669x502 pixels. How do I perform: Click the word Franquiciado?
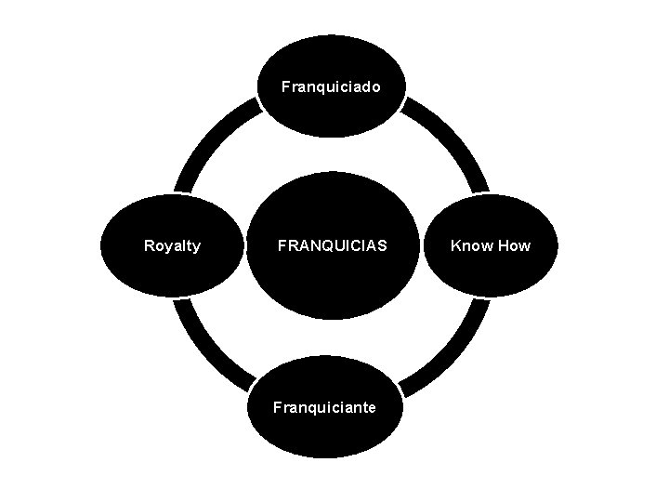click(x=331, y=86)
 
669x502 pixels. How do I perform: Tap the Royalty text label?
click(x=172, y=246)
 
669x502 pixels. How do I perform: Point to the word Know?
click(x=470, y=246)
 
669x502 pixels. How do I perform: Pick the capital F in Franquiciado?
click(x=285, y=86)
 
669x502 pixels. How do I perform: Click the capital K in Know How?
click(x=455, y=246)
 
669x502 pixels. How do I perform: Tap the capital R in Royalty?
click(x=149, y=246)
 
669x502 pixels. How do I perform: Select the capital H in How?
click(x=502, y=246)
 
